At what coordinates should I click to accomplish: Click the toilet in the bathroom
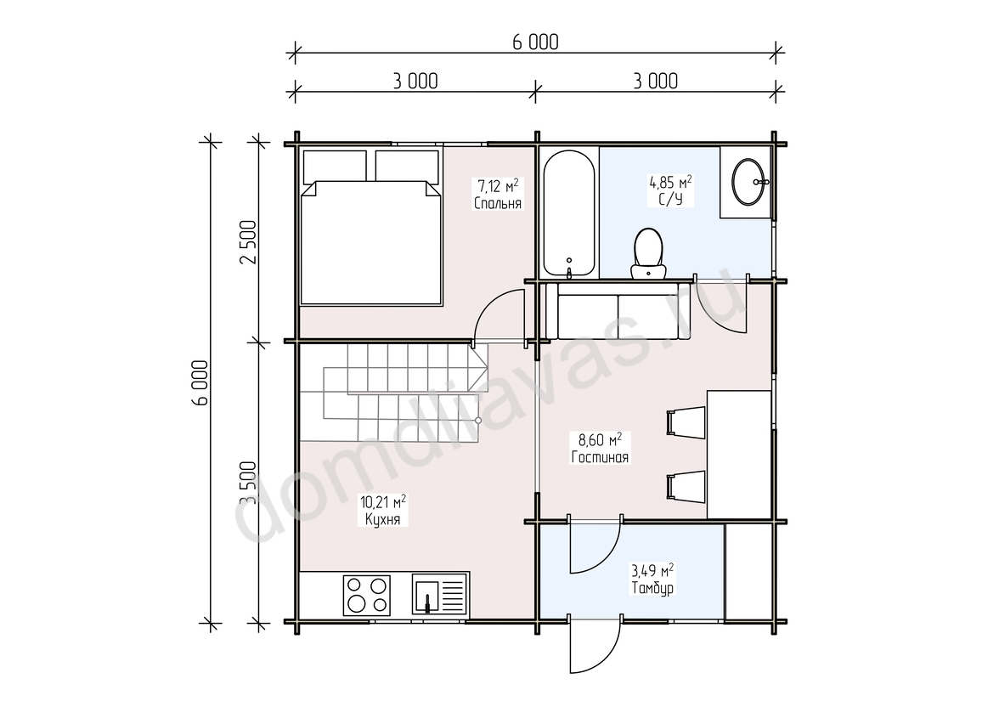(649, 254)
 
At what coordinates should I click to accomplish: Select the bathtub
(569, 214)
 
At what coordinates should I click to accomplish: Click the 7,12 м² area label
(498, 186)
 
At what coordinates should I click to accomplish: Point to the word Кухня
(383, 519)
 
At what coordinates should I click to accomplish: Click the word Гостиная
(600, 457)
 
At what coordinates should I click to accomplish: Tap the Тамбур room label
(652, 588)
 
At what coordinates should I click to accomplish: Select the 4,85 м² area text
(670, 183)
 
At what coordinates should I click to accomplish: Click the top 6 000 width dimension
(535, 42)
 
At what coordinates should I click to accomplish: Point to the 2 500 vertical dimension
(248, 241)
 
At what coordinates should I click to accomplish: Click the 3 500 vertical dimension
(248, 484)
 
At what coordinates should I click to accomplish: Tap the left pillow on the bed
(335, 166)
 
